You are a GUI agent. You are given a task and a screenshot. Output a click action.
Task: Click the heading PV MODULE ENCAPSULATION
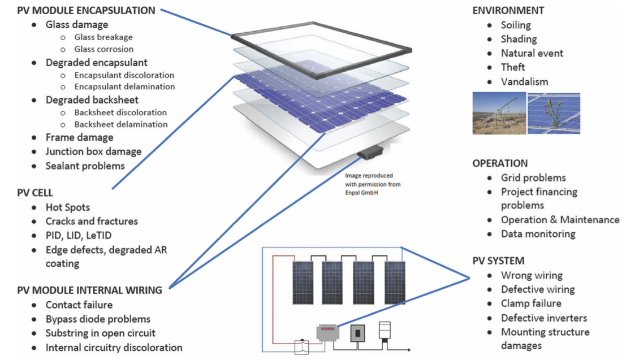pos(86,10)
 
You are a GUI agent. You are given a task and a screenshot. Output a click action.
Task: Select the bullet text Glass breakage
pos(103,37)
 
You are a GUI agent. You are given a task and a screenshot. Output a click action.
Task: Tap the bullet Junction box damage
pos(93,151)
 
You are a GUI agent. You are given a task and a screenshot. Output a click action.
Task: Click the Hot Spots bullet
pos(68,207)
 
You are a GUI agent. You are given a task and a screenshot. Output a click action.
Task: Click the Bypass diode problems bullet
pos(98,319)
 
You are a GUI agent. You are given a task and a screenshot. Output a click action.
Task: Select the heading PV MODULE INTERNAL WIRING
pos(89,290)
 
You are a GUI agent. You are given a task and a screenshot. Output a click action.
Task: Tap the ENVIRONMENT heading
pos(508,11)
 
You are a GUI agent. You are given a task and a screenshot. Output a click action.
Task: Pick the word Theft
pos(513,67)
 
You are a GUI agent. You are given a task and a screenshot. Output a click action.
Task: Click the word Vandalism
pos(524,81)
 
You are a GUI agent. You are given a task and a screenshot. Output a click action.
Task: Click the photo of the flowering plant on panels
pos(554,114)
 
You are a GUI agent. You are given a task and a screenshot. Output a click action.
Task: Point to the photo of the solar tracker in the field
pos(498,114)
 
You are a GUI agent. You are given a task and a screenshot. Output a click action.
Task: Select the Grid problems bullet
pos(533,177)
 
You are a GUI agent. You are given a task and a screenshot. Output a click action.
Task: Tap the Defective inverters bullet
pos(544,318)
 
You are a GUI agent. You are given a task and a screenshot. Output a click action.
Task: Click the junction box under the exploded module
pos(370,151)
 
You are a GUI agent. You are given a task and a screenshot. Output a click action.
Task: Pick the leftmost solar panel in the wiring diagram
pos(306,283)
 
